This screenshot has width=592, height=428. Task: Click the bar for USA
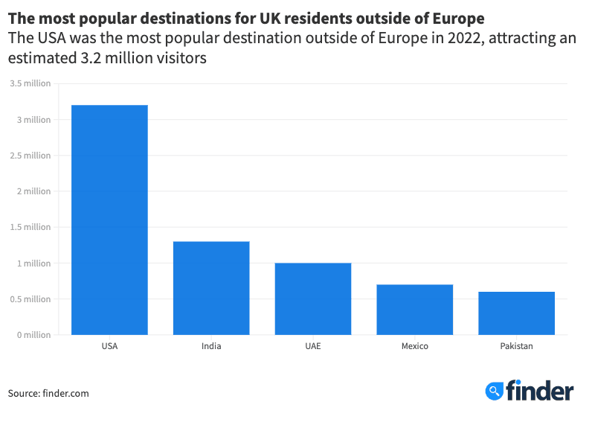109,220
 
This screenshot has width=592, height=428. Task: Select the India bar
211,288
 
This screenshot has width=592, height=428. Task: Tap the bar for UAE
313,298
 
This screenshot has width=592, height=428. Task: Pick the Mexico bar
414,310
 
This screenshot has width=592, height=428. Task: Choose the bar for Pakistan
516,313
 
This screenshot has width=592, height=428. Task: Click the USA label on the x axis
109,346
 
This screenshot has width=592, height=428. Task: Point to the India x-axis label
211,346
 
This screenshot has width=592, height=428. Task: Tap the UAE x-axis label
313,346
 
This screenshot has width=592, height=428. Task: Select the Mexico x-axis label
414,346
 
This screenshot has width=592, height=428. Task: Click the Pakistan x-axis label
516,346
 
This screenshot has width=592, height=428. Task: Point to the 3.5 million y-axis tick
30,83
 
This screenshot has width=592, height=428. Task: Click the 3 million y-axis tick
34,120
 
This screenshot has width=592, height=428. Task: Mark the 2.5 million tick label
30,156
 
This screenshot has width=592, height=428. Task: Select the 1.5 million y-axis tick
30,227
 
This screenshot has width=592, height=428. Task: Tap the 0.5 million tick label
30,299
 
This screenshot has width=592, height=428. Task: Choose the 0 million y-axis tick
33,335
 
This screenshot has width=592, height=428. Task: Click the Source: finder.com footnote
48,393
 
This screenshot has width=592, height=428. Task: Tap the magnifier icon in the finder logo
494,391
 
